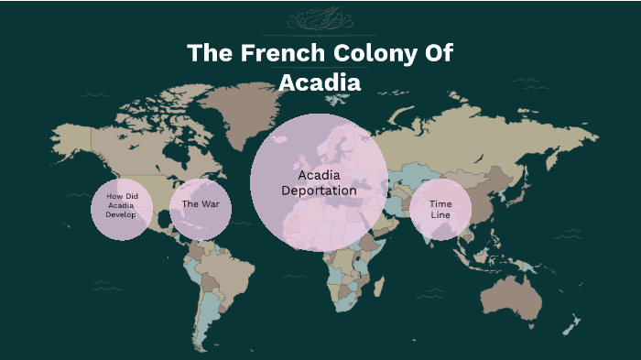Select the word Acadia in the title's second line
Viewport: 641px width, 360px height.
click(320, 82)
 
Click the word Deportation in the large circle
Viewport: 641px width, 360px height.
click(319, 191)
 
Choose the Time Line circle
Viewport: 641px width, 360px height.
click(440, 210)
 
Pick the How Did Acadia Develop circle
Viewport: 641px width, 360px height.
click(121, 209)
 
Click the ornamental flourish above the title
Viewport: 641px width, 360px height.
click(320, 19)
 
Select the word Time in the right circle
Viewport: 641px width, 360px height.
click(440, 203)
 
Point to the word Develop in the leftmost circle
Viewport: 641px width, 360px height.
click(121, 215)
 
